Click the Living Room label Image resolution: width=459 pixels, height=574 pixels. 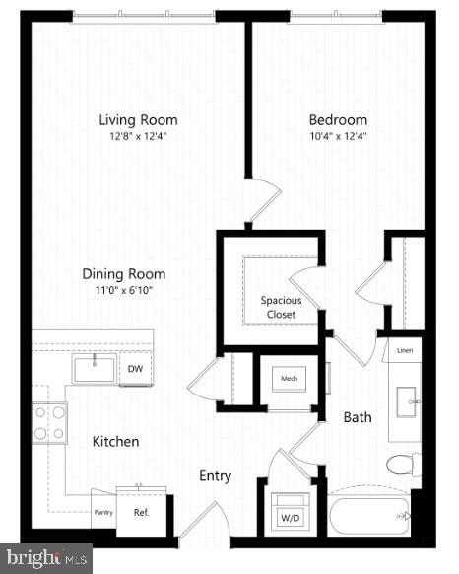tap(138, 120)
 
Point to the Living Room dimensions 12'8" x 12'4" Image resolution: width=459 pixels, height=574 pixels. tap(138, 136)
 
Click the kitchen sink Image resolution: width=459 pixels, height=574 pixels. tap(95, 368)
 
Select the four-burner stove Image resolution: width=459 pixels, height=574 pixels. tap(50, 422)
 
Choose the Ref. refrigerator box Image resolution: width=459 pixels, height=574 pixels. tap(141, 512)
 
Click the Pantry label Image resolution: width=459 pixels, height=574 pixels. tap(103, 512)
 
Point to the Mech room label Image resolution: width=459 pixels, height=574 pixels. tap(290, 378)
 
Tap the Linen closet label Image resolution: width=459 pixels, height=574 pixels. tap(404, 351)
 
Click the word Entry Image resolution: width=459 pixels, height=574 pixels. tap(215, 476)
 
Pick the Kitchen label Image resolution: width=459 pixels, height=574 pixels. tap(116, 441)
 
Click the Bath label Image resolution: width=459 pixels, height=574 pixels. tap(358, 417)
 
